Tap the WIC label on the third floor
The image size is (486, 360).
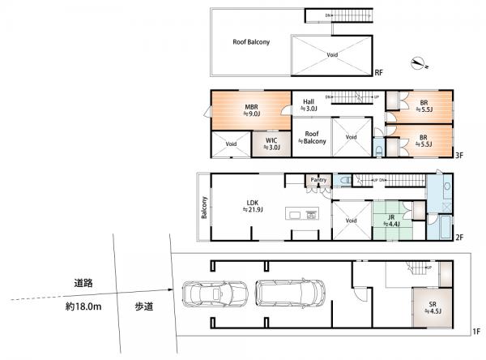coord(274,144)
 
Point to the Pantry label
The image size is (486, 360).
coord(318,181)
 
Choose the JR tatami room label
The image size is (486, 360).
coord(390,217)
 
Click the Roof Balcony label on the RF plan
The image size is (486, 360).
coord(251,41)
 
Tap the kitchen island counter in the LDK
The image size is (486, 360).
coord(304,215)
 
